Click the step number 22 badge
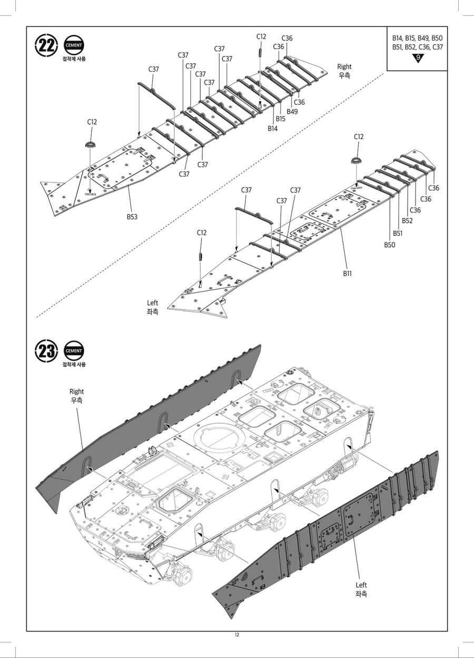pyautogui.click(x=46, y=46)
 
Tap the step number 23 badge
pyautogui.click(x=46, y=351)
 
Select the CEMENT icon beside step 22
pyautogui.click(x=74, y=45)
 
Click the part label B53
pyautogui.click(x=132, y=217)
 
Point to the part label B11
pyautogui.click(x=348, y=273)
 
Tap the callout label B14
pyautogui.click(x=272, y=128)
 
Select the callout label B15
pyautogui.click(x=280, y=119)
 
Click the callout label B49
pyautogui.click(x=292, y=111)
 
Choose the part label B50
pyautogui.click(x=389, y=245)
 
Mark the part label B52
pyautogui.click(x=407, y=221)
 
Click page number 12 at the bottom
pyautogui.click(x=237, y=635)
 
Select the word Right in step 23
pyautogui.click(x=76, y=391)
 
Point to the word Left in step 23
pyautogui.click(x=361, y=585)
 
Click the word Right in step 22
pyautogui.click(x=344, y=66)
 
